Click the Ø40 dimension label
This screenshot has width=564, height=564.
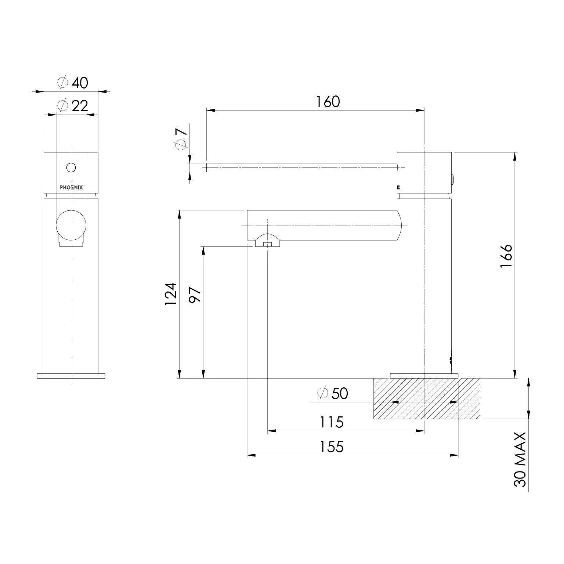pyautogui.click(x=73, y=83)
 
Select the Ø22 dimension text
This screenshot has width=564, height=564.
pyautogui.click(x=73, y=106)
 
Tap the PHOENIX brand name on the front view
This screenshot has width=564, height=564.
pyautogui.click(x=71, y=187)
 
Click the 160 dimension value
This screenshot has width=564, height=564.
pyautogui.click(x=328, y=102)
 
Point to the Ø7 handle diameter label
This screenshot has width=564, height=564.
pyautogui.click(x=181, y=137)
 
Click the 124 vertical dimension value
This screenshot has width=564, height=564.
pyautogui.click(x=171, y=294)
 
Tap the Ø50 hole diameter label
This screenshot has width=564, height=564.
pyautogui.click(x=333, y=393)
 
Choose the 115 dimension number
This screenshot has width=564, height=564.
pyautogui.click(x=332, y=422)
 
